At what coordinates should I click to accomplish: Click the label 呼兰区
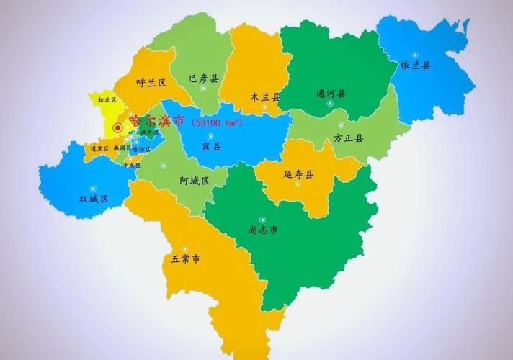tap(151, 83)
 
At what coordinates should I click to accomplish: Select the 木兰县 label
tap(265, 96)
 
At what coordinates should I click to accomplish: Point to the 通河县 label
tap(331, 94)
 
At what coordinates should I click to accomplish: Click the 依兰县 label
tap(415, 66)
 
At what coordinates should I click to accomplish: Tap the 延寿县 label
tap(299, 174)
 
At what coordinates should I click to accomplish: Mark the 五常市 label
tap(186, 258)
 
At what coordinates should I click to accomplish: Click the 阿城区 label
tap(193, 181)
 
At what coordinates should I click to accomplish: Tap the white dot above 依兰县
tap(415, 55)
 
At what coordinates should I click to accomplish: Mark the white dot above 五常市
tap(186, 247)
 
